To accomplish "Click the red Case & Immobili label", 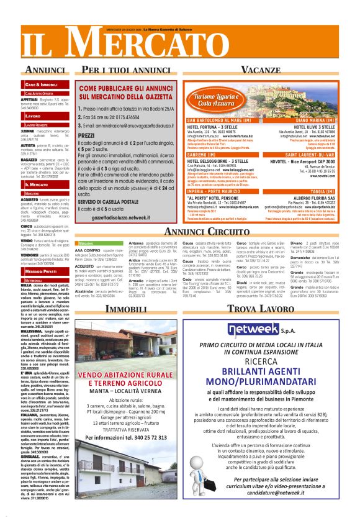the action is tap(42, 84).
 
